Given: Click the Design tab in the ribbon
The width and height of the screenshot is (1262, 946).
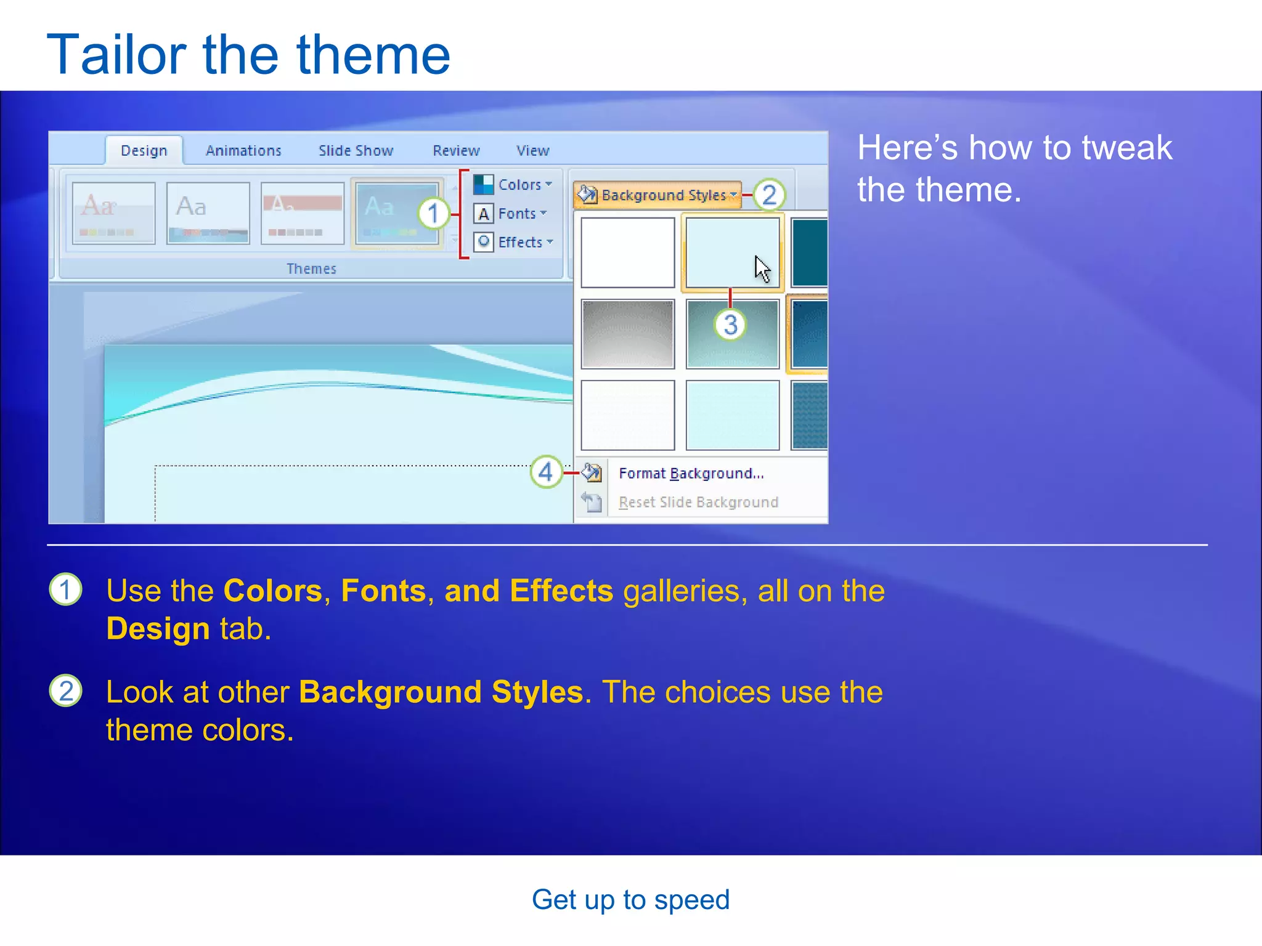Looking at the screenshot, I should (x=144, y=151).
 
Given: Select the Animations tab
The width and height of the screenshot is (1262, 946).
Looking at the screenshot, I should (x=243, y=151).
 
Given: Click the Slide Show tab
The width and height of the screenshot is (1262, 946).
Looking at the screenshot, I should (x=356, y=151).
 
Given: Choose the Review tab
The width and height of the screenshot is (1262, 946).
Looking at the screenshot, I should (x=456, y=151).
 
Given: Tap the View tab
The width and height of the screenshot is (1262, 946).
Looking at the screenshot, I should (x=532, y=151).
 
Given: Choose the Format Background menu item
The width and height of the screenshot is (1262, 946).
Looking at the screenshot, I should (x=691, y=474).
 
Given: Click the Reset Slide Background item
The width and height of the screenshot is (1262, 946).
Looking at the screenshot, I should (x=698, y=503).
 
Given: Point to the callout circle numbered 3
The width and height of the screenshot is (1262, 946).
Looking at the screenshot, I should (x=730, y=325).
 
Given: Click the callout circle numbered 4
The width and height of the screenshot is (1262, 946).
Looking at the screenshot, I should (x=546, y=472).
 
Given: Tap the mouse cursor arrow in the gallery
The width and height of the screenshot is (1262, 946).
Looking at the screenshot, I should (x=762, y=269).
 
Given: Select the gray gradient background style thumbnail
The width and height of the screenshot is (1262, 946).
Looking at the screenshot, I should (x=627, y=334).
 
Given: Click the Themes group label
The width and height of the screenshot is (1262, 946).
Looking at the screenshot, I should (x=311, y=269).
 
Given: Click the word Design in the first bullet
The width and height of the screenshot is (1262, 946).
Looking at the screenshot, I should (x=158, y=629).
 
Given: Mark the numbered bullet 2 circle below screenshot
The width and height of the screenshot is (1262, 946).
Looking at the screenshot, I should (x=65, y=691).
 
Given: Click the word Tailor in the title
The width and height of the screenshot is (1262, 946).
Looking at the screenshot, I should (x=116, y=55).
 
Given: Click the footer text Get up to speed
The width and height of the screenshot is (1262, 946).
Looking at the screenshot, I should (x=630, y=900).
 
